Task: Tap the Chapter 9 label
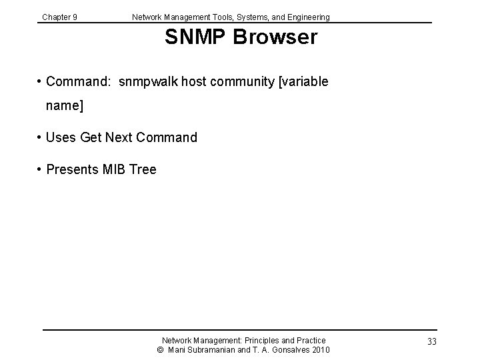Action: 59,17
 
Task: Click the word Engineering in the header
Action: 307,17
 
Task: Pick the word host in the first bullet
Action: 194,81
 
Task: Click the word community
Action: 243,81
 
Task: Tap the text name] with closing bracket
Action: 64,106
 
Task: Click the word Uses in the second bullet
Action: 61,138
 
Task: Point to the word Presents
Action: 73,170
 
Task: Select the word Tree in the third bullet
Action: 143,170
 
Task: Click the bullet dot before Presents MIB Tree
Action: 40,170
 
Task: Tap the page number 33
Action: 431,342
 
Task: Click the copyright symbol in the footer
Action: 160,350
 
